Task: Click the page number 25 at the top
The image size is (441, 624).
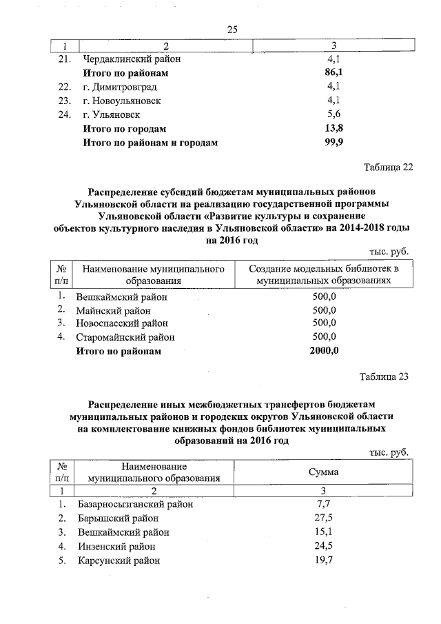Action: tap(232, 29)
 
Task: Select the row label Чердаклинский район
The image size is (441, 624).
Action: tap(126, 59)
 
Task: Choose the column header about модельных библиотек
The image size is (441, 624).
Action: tap(324, 274)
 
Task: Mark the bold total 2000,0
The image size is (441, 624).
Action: tap(324, 351)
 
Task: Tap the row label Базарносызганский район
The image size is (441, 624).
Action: tap(135, 504)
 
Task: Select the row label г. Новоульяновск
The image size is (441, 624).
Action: tap(122, 101)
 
